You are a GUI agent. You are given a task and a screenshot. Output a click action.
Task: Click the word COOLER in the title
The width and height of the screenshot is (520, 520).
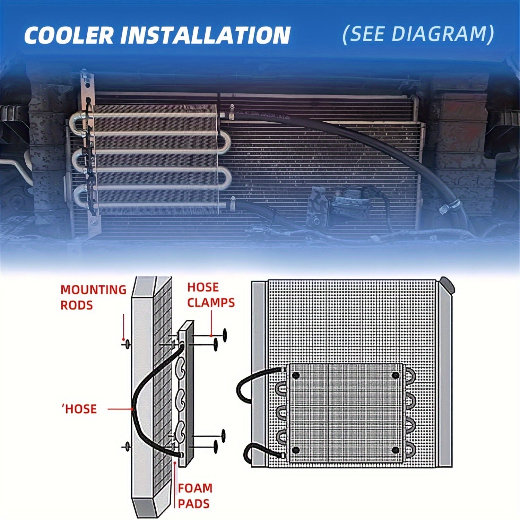(69, 35)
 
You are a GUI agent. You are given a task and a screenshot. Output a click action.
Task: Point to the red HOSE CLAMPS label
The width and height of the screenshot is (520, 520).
(211, 295)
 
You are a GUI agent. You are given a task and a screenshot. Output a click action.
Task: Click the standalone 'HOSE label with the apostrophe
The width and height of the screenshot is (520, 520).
(79, 409)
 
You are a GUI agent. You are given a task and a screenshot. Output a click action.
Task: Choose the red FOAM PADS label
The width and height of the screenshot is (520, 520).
(195, 496)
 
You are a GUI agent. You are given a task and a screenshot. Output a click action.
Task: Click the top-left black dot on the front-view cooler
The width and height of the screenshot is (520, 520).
(296, 375)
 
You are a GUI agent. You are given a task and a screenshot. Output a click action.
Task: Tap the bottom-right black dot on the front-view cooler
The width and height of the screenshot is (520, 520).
(395, 450)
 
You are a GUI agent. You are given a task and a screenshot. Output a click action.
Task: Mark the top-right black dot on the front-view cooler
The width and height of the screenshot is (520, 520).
(395, 375)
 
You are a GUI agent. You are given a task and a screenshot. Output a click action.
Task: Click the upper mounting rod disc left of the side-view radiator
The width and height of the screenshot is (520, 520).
(127, 344)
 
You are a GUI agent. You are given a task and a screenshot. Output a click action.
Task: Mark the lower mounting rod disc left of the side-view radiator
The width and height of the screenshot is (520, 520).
(127, 447)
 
